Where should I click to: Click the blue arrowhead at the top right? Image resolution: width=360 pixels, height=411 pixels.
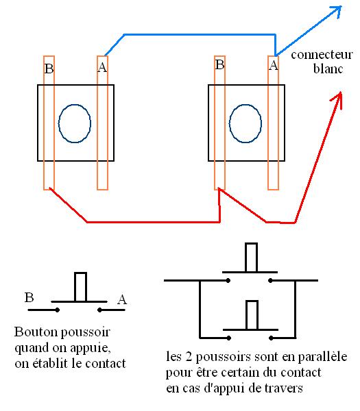(337, 10)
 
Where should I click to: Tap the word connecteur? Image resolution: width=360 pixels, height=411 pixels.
(322, 55)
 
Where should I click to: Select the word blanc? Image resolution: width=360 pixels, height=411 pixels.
(328, 68)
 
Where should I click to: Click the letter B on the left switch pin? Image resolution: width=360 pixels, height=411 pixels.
(49, 68)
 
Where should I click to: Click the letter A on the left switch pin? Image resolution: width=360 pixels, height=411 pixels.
(102, 67)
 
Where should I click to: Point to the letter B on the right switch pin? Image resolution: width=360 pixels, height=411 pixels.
(219, 64)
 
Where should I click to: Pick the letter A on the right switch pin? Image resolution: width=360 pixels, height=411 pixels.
(274, 65)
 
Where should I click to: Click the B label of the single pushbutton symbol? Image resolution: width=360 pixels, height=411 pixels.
(29, 297)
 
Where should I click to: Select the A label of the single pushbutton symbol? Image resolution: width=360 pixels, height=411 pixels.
(122, 299)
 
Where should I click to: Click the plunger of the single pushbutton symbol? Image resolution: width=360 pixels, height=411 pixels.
(80, 287)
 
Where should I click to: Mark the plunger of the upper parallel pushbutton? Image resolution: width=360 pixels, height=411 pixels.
(251, 258)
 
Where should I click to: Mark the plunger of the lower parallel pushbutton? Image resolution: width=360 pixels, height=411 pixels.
(252, 315)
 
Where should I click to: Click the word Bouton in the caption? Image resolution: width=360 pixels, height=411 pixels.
(36, 332)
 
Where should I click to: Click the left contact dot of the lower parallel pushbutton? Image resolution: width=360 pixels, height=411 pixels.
(229, 338)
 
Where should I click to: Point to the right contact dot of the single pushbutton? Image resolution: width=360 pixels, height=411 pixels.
(99, 310)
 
